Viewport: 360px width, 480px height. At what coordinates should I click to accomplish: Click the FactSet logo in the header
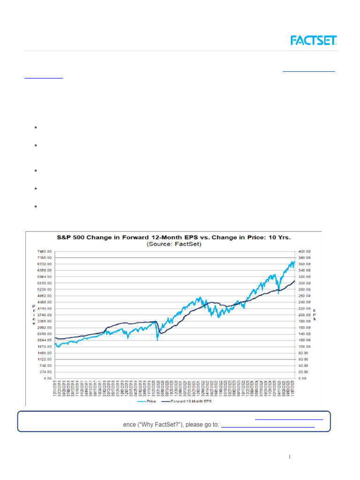click(x=314, y=40)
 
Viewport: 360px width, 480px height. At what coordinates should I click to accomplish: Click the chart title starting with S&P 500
click(x=173, y=237)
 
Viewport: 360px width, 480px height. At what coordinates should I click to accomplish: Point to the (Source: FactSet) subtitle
click(x=173, y=244)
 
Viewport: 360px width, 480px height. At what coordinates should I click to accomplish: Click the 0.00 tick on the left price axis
click(x=46, y=378)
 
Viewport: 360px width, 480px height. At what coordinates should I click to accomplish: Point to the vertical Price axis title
click(x=33, y=314)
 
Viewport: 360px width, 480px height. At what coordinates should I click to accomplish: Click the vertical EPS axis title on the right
click(x=315, y=315)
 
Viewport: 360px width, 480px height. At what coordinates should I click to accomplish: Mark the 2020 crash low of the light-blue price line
click(x=157, y=340)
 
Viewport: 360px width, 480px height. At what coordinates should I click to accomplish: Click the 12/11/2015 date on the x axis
click(x=55, y=390)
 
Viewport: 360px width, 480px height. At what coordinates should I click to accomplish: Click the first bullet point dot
click(x=36, y=127)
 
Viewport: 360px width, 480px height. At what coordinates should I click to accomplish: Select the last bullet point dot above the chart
click(x=36, y=206)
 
